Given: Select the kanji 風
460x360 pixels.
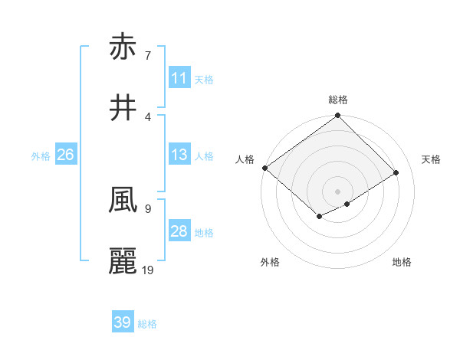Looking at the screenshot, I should pyautogui.click(x=123, y=201).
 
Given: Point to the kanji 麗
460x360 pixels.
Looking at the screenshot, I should pyautogui.click(x=123, y=260).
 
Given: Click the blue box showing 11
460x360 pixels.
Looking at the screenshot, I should pyautogui.click(x=179, y=78).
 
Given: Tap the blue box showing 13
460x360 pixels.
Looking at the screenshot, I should pyautogui.click(x=179, y=155).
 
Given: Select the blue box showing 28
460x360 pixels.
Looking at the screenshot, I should pyautogui.click(x=179, y=231).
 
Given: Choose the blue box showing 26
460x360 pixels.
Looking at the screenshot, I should pyautogui.click(x=65, y=155).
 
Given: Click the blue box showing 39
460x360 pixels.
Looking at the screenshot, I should pyautogui.click(x=123, y=322).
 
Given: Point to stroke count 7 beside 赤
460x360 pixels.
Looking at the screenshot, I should pyautogui.click(x=147, y=56).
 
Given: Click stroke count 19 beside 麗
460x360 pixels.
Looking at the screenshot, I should pyautogui.click(x=148, y=270).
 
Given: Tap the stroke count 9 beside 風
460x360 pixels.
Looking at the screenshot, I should pyautogui.click(x=147, y=208).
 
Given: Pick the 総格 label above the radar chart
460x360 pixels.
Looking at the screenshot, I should pyautogui.click(x=337, y=100).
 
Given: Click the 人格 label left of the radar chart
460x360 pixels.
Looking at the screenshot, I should pyautogui.click(x=245, y=159).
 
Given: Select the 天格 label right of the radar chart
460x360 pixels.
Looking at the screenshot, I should pyautogui.click(x=432, y=159).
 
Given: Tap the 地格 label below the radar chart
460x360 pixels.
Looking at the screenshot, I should pyautogui.click(x=402, y=262).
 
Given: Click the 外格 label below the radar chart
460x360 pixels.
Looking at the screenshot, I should pyautogui.click(x=270, y=262).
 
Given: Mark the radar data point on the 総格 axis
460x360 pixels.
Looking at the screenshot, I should pyautogui.click(x=337, y=116).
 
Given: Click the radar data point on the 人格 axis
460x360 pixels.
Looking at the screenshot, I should pyautogui.click(x=264, y=168).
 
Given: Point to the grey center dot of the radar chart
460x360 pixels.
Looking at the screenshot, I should pyautogui.click(x=337, y=191).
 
